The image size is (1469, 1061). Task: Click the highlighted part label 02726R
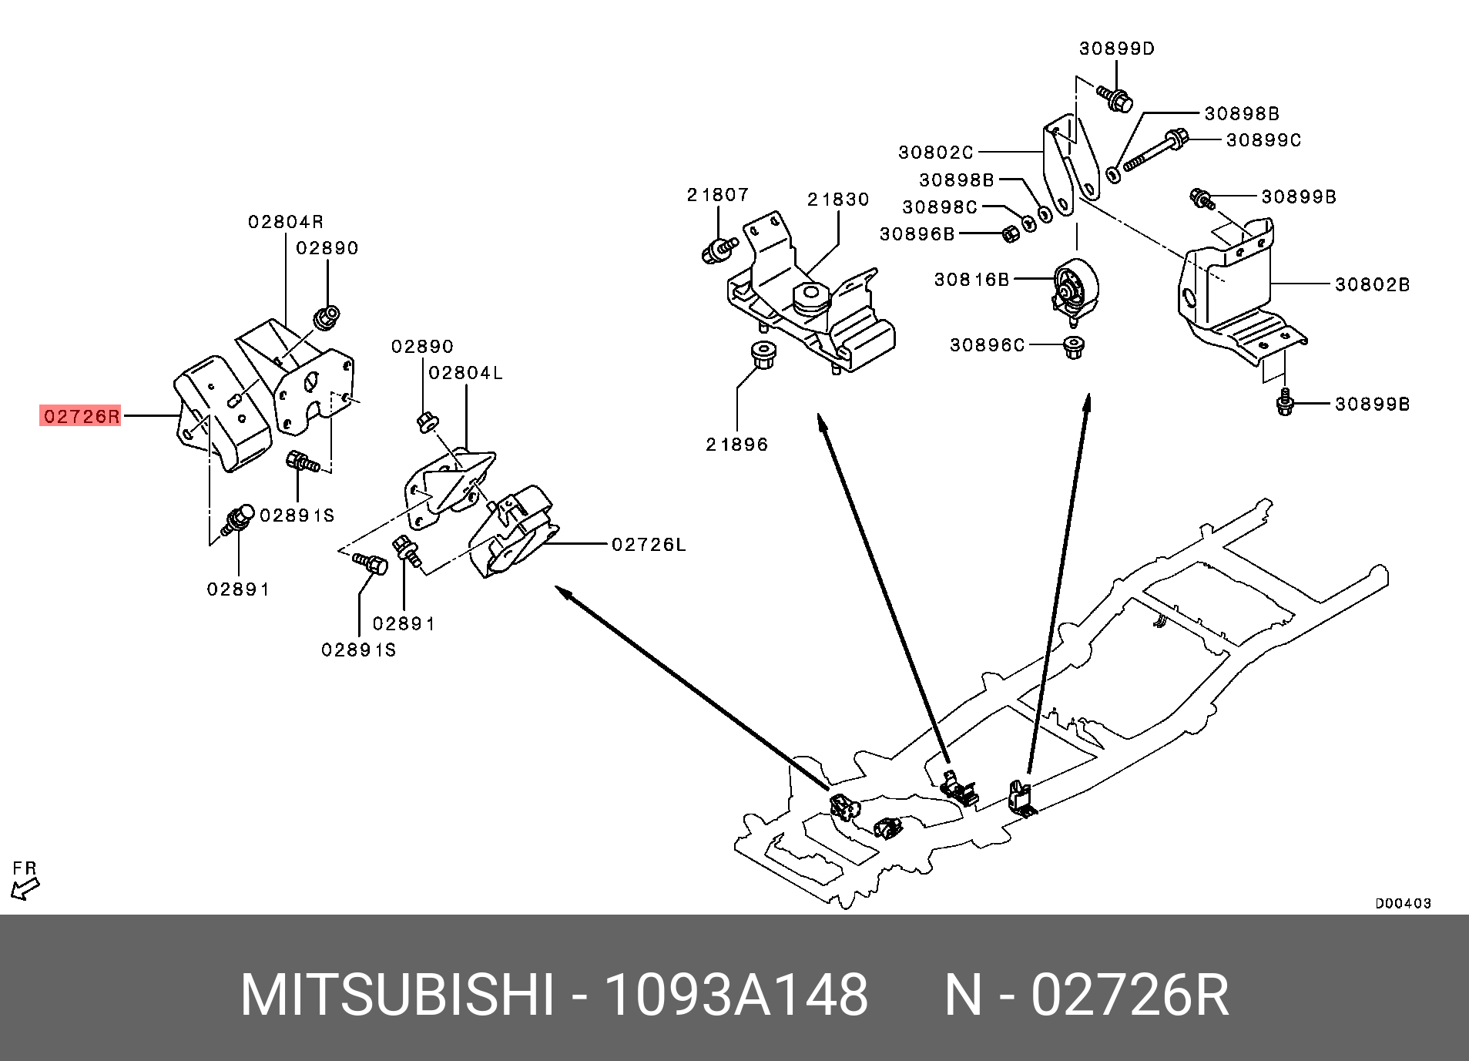click(81, 417)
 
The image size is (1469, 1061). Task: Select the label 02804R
click(286, 222)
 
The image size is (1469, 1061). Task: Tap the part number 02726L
click(649, 545)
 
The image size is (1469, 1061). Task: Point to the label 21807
click(718, 195)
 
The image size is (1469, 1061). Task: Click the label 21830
click(838, 200)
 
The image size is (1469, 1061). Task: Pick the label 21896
click(737, 445)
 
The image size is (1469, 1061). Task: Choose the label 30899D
click(1117, 49)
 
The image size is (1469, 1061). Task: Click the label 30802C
click(936, 153)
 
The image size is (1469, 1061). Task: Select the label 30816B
click(972, 280)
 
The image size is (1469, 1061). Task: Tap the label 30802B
click(1373, 284)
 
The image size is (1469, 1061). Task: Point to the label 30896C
click(988, 345)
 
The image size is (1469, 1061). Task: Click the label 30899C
click(1264, 140)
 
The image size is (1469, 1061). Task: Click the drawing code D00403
click(1404, 903)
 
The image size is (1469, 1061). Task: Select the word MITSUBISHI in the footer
click(397, 995)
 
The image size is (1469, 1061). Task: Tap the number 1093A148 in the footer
click(736, 995)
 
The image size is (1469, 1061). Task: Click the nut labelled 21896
click(763, 355)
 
